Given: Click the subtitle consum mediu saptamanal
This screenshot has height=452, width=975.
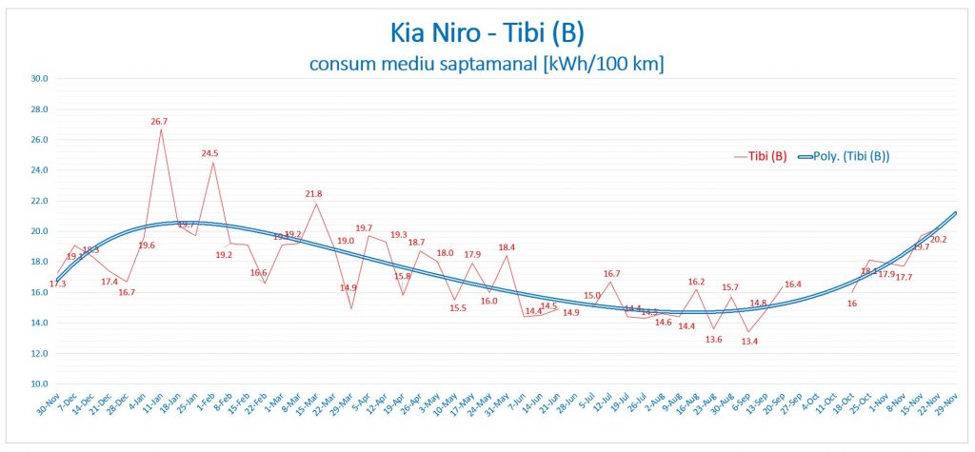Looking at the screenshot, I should coord(487,64).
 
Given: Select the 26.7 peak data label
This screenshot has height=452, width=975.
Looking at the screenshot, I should coord(159,122).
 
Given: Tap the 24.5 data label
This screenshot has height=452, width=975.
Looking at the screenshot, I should coord(209,153).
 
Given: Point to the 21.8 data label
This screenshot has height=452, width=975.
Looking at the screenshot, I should coord(313,194).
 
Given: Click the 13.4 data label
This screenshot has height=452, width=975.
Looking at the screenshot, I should coord(748,341).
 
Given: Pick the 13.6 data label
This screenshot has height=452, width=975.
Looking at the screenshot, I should coord(713,339).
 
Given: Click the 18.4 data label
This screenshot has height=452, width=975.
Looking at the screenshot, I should coord(507,247).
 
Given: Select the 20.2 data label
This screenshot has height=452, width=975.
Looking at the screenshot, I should coord(937,239).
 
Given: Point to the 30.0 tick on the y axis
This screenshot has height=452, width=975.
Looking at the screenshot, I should coord(41,79).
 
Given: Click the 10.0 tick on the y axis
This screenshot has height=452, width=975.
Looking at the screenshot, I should coord(41,383).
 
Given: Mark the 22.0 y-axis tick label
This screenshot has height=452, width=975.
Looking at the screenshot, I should coord(41,201).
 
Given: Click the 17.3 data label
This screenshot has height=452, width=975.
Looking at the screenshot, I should coord(57,285).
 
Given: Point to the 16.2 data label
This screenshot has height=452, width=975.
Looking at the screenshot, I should coord(696,282).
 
